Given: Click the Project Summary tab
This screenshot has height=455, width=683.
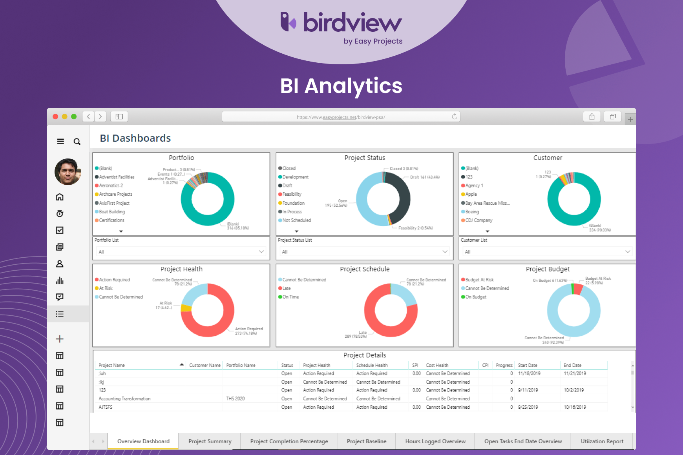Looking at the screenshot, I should coord(210,441).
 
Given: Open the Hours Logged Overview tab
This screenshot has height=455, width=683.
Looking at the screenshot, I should coord(435,441).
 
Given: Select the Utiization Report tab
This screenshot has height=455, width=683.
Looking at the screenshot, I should coord(602,441).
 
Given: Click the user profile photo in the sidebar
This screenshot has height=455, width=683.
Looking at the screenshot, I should coord(68,172).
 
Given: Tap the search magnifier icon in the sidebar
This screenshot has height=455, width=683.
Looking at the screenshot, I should coord(77,142).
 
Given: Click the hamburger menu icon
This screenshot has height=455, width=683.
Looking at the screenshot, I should coord(60,141).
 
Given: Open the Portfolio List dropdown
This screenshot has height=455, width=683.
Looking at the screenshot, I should coord(181,251).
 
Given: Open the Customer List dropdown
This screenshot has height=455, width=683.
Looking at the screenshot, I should coord(547,251).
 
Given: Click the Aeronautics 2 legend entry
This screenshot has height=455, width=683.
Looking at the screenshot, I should coord(111,186).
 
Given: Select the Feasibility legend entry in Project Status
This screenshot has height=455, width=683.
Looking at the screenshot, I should coord(292,194).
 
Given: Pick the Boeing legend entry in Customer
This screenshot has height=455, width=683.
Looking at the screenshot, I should coord(472,212).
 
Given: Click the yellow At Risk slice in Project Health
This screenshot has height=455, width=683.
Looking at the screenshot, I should coord(186,308).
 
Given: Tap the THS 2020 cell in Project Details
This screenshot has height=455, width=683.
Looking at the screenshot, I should coord(235,399).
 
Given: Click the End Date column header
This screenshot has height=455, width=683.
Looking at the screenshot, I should coord(572,365).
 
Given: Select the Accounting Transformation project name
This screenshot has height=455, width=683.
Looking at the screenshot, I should coord(124,399).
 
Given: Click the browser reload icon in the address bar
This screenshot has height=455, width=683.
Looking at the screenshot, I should coord(455,116).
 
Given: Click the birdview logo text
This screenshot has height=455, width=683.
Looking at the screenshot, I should coord(352,23).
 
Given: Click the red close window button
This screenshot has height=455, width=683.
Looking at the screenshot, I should coord(55,116).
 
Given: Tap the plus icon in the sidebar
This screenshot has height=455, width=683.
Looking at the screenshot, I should coord(60,339).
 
